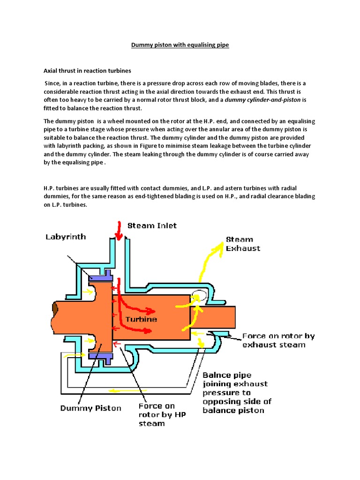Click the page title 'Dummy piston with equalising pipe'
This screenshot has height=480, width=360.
pyautogui.click(x=180, y=46)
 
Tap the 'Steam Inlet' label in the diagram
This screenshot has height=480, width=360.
pyautogui.click(x=153, y=225)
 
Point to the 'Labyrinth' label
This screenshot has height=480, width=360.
pyautogui.click(x=66, y=237)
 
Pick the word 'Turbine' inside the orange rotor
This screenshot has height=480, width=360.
pyautogui.click(x=141, y=319)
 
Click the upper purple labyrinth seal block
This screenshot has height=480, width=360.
pyautogui.click(x=101, y=277)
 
